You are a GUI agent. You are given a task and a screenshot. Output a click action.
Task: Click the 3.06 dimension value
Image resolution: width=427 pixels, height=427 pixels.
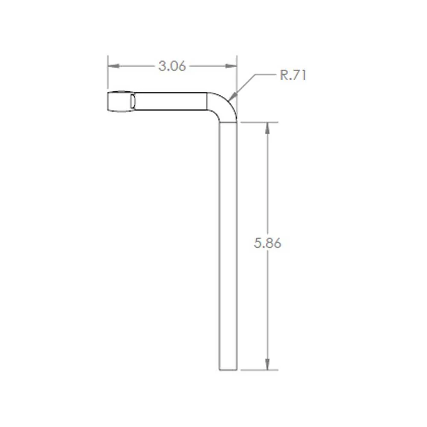pyautogui.click(x=172, y=66)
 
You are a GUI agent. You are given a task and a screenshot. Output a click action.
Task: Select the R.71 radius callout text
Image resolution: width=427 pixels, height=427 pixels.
pyautogui.click(x=293, y=75)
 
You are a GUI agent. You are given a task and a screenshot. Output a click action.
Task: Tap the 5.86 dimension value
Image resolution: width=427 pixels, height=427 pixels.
pyautogui.click(x=267, y=243)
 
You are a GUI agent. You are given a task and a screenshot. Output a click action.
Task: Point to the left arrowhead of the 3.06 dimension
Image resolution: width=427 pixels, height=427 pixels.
pyautogui.click(x=114, y=66)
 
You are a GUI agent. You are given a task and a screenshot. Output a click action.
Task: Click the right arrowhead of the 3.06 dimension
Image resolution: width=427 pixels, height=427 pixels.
pyautogui.click(x=231, y=66)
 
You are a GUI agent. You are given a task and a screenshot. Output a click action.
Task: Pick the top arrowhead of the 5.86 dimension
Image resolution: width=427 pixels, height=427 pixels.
pyautogui.click(x=267, y=128)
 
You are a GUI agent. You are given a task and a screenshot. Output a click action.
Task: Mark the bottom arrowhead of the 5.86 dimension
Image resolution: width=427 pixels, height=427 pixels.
pyautogui.click(x=267, y=364)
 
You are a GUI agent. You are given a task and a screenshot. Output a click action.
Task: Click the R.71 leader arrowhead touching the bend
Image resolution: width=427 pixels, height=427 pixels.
pyautogui.click(x=234, y=97)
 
